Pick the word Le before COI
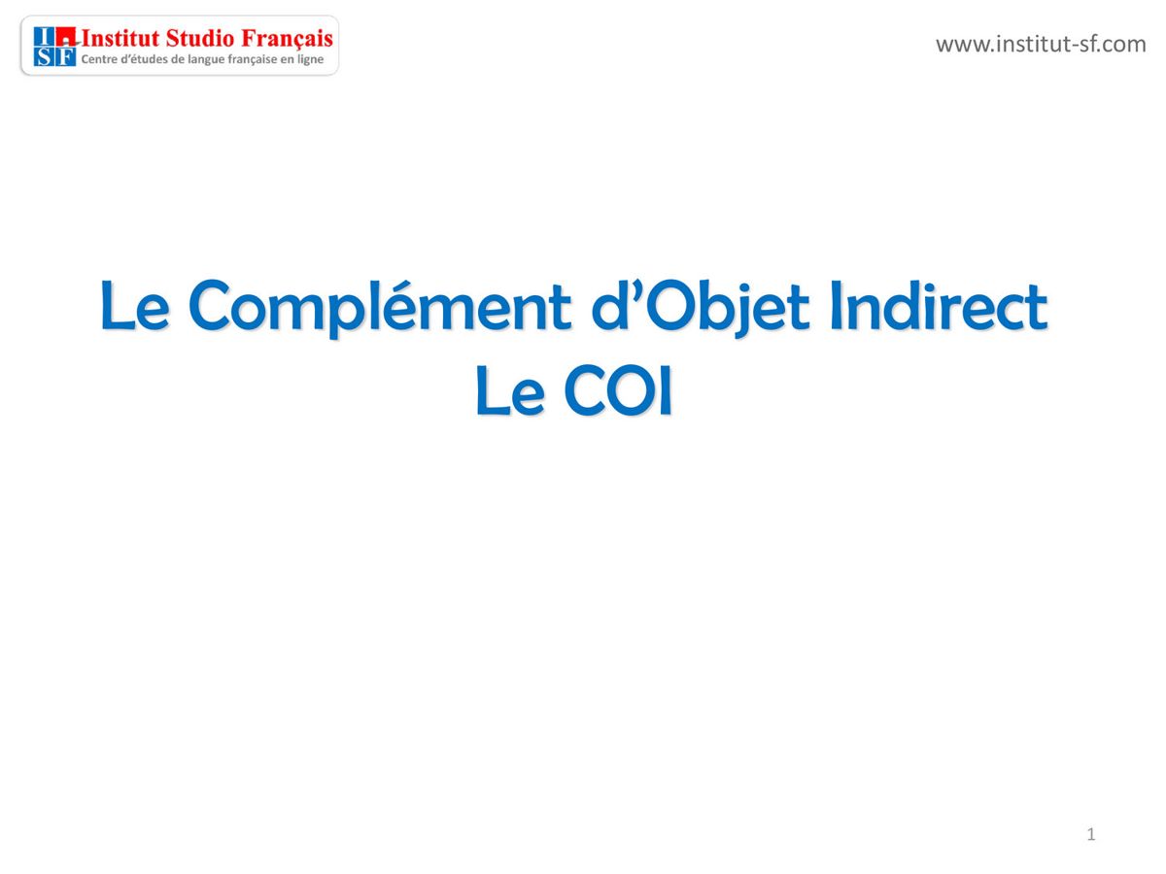point(508,393)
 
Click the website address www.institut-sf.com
point(1040,44)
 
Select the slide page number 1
point(1091,834)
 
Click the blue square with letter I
point(44,37)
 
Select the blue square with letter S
point(44,57)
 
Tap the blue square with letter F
point(65,57)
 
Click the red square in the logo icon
point(65,37)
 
